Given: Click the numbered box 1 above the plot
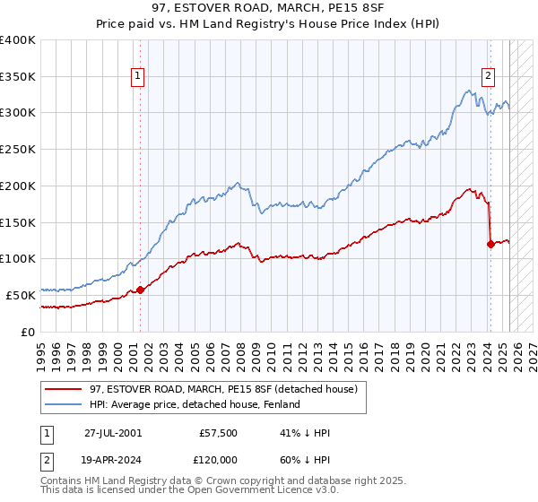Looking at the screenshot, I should pos(138,77).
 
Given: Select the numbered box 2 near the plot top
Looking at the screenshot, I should pos(489,77).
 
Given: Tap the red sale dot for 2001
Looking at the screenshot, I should pos(140,290).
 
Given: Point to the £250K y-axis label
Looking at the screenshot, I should pos(18,149).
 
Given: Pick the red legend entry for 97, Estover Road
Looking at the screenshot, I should pos(223,389).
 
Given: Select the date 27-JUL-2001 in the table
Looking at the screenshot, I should pos(113,433).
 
